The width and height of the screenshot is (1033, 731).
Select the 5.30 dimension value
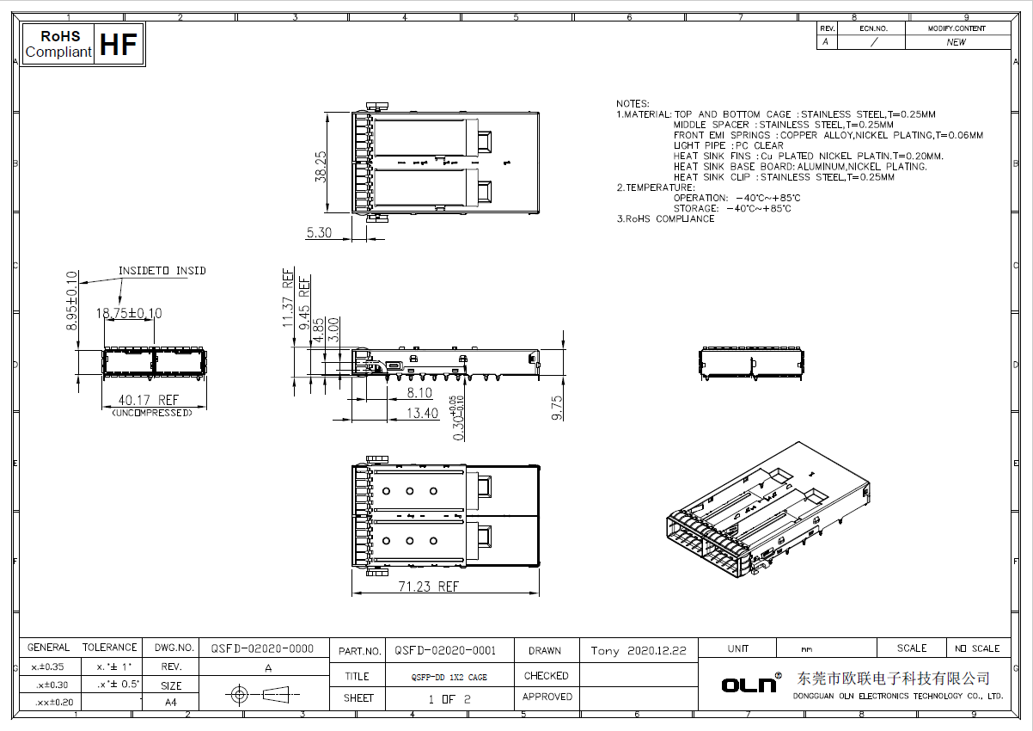tap(319, 232)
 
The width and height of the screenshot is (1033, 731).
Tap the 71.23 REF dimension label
tap(428, 587)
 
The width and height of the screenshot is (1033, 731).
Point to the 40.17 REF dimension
tap(149, 400)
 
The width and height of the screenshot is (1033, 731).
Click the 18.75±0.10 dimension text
tap(129, 314)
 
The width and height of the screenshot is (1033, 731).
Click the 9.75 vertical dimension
tap(557, 408)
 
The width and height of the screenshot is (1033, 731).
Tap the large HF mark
tap(119, 45)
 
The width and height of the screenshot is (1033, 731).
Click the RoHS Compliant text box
tap(58, 45)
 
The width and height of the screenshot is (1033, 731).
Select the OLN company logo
tap(750, 684)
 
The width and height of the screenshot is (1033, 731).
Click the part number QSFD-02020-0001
tap(445, 651)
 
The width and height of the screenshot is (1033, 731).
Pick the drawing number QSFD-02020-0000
tap(262, 648)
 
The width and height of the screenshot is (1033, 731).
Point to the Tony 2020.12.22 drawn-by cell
tap(638, 651)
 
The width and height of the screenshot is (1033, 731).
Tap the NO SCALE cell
tap(978, 648)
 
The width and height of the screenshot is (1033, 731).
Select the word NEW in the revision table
tap(956, 42)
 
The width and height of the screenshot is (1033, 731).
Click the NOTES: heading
tap(633, 104)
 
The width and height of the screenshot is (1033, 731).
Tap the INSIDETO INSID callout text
tap(162, 271)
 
